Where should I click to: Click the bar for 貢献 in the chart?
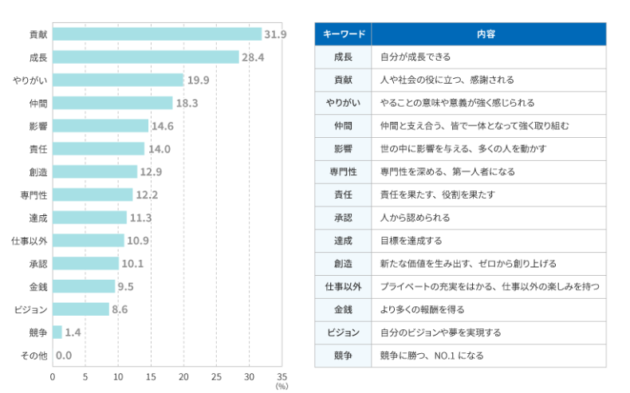157,34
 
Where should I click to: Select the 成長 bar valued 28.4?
146,57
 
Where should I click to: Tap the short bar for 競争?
57,332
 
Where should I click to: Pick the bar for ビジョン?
81,309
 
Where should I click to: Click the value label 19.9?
199,80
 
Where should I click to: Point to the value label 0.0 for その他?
65,355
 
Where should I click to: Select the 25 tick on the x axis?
216,376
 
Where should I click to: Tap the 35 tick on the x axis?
282,376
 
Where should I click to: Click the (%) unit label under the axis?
282,386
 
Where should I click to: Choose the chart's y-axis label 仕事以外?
29,241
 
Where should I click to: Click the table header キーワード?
343,34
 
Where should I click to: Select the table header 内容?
486,34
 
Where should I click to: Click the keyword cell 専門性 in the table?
343,171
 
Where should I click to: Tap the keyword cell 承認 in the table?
343,218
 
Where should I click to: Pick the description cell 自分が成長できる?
415,57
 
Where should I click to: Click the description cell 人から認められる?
415,218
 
